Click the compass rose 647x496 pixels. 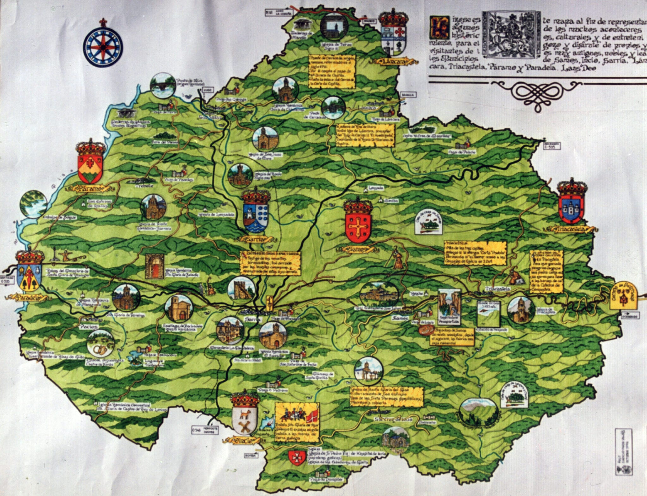[103, 47]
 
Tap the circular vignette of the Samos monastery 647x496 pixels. [379, 295]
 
